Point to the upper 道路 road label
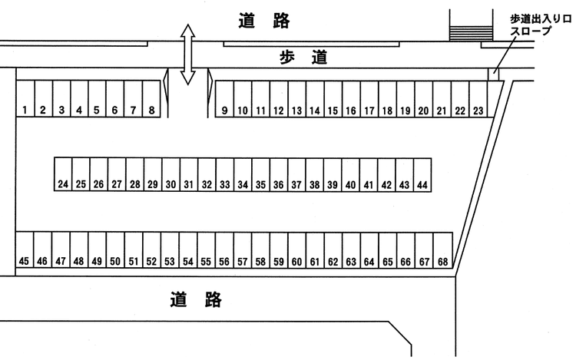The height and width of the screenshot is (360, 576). pyautogui.click(x=263, y=21)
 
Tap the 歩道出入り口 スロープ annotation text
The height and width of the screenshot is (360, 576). pyautogui.click(x=540, y=24)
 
